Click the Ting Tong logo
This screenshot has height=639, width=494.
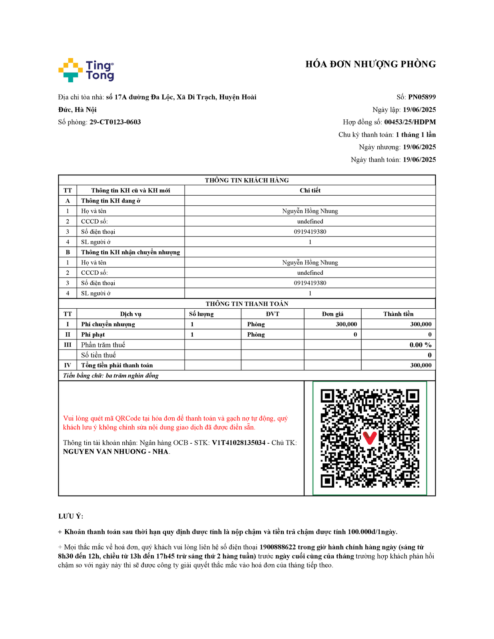86,70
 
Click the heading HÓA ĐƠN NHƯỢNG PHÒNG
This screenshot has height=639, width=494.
370,64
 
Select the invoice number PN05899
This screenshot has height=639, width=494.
422,97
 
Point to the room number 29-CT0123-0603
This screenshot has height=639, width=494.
115,122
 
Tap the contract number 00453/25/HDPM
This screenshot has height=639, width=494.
410,122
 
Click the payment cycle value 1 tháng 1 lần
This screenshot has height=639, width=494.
416,135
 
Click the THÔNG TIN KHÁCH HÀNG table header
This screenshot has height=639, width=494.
247,180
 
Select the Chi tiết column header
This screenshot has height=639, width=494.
310,191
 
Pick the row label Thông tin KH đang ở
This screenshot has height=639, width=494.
111,201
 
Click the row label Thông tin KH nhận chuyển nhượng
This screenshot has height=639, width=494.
130,252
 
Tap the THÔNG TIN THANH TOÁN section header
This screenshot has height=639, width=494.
247,304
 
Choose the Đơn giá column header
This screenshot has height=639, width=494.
333,314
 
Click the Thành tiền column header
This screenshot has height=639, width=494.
398,314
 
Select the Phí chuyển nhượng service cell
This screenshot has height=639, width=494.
108,324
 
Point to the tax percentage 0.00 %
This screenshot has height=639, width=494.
420,345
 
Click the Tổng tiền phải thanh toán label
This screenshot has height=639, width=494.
117,365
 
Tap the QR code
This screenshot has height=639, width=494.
370,438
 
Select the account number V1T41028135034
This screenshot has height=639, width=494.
239,443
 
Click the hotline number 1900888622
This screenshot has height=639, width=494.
277,547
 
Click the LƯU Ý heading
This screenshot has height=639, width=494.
71,516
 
